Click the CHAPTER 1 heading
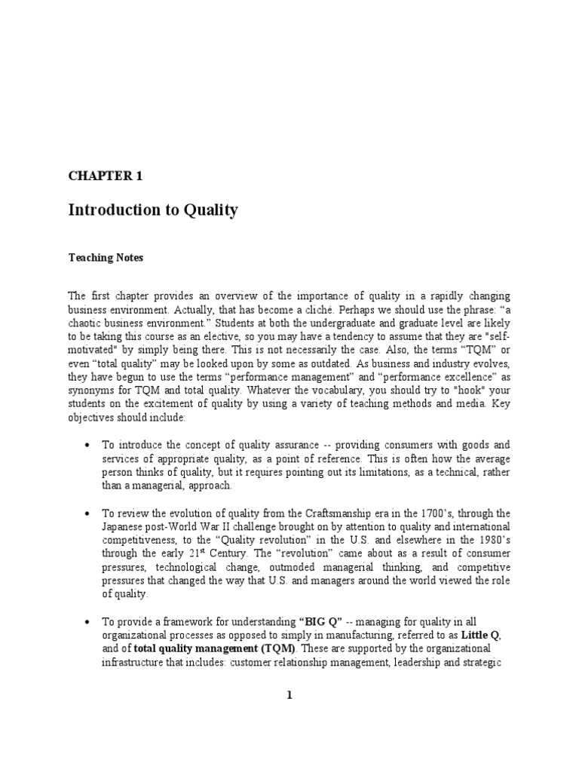(x=105, y=176)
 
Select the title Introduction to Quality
(x=153, y=210)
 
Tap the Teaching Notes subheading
(x=106, y=258)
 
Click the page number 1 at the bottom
(x=289, y=696)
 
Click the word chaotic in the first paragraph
(x=87, y=323)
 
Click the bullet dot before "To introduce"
(x=87, y=446)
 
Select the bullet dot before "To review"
(x=87, y=513)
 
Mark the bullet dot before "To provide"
(x=87, y=622)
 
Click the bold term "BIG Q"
(x=320, y=622)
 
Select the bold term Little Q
(x=480, y=636)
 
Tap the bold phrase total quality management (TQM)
(x=216, y=649)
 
